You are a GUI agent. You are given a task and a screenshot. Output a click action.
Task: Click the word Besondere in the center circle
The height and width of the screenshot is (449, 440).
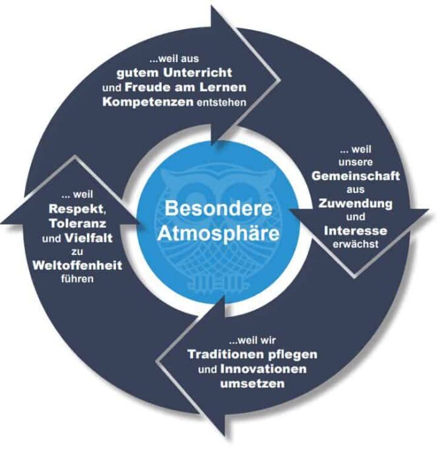[x=218, y=208]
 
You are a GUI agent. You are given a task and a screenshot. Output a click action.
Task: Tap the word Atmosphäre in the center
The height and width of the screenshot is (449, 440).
[x=218, y=233]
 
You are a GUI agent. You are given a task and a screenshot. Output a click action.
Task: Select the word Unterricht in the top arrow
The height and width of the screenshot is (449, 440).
[x=197, y=73]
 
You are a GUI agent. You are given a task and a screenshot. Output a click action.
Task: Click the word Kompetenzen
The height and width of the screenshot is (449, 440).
[x=148, y=102]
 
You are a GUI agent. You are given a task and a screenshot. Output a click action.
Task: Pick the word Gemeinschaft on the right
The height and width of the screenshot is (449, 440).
[x=356, y=176]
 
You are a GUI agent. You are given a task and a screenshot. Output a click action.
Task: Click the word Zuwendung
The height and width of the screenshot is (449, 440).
[x=356, y=203]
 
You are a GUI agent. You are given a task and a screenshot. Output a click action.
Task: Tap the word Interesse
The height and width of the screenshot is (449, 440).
[x=356, y=231]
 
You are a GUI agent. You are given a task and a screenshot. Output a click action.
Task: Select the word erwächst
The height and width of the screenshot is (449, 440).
[x=356, y=244]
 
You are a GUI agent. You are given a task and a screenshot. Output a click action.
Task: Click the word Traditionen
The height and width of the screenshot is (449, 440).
[x=226, y=355]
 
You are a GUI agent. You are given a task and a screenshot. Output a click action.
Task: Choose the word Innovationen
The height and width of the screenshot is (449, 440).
[x=263, y=369]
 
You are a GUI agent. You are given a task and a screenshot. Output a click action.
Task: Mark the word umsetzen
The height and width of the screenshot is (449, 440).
[x=253, y=384]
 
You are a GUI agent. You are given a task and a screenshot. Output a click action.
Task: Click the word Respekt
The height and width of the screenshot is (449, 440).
[x=77, y=209]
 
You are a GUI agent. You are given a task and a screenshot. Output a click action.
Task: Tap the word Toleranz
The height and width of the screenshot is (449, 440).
[x=78, y=223]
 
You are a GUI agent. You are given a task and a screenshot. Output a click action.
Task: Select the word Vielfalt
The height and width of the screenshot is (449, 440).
[x=88, y=238]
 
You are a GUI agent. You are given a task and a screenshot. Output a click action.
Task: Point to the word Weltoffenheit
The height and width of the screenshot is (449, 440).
[x=77, y=265]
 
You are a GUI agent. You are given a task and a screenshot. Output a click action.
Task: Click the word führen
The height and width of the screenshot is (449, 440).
[x=77, y=279]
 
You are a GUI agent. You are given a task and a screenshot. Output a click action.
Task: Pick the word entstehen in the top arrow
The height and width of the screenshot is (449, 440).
[x=222, y=102]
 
